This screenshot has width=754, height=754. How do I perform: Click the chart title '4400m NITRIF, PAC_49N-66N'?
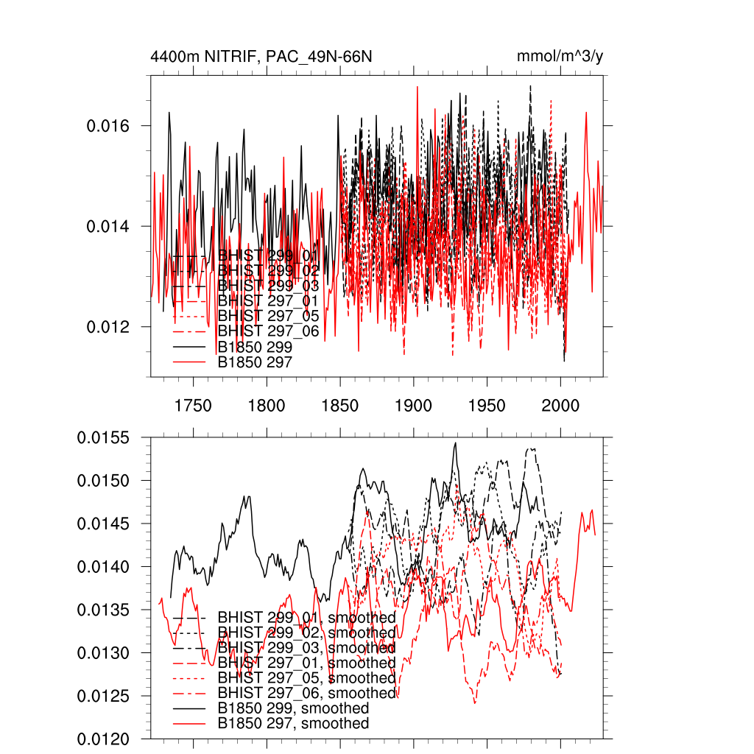coord(266,57)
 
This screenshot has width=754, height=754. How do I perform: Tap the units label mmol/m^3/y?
coord(560,57)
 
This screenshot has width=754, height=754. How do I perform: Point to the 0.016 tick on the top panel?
coord(108,126)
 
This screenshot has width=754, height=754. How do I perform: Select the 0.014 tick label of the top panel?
coord(108,226)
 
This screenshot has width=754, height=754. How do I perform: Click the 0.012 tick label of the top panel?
coord(108,326)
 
